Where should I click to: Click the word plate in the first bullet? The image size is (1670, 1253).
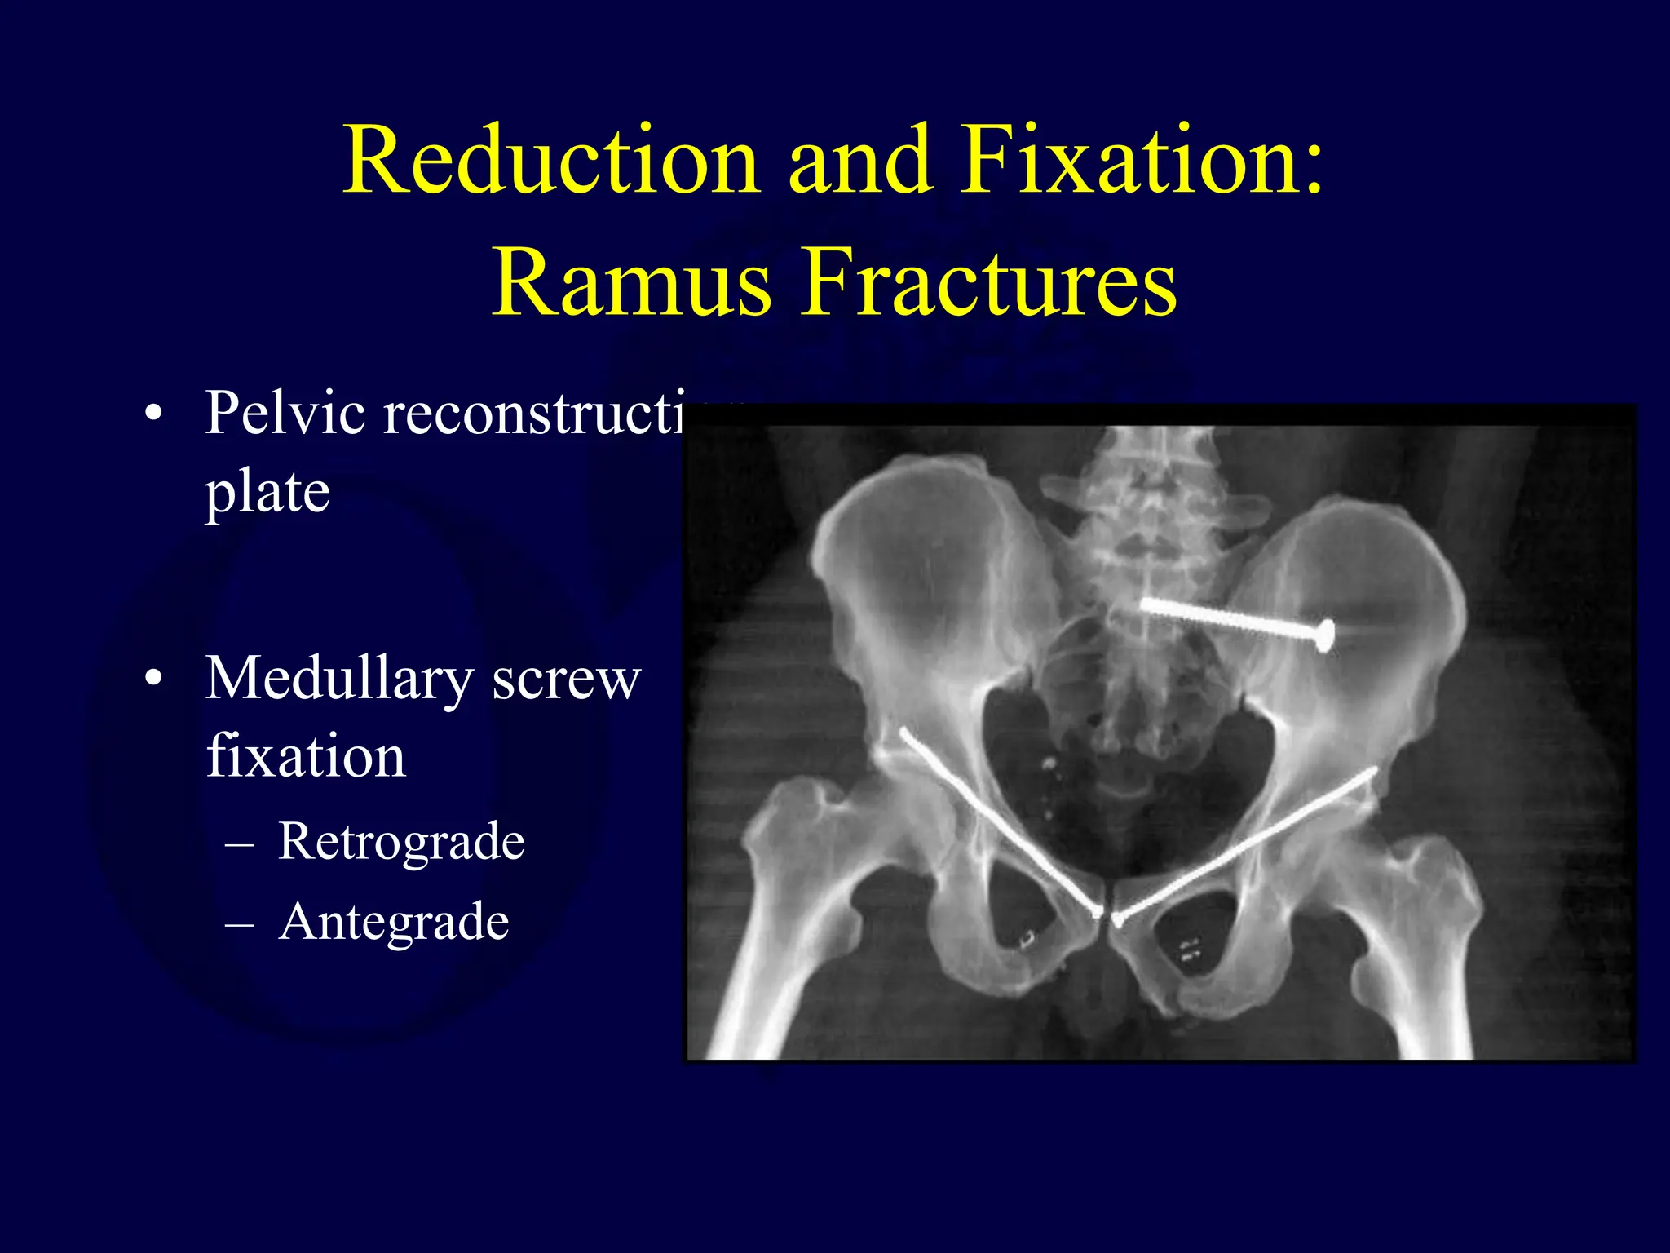pos(267,494)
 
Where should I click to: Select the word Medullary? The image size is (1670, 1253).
pos(338,680)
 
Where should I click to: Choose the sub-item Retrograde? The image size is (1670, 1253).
pos(400,841)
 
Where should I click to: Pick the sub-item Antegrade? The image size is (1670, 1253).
pos(394,922)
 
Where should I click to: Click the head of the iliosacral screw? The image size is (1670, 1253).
pos(1325,635)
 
